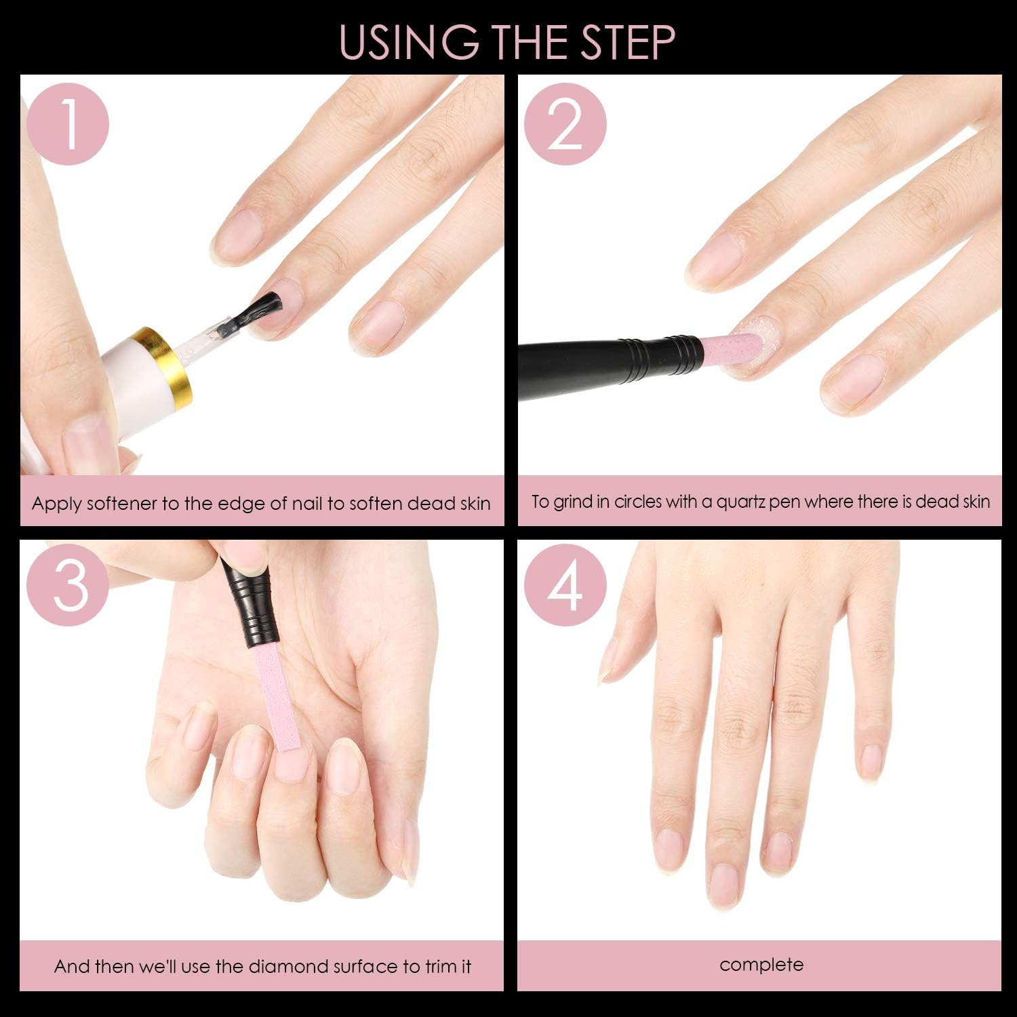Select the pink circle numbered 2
pyautogui.click(x=565, y=124)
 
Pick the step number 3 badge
pyautogui.click(x=68, y=585)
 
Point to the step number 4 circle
pyautogui.click(x=565, y=585)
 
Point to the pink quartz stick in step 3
pyautogui.click(x=277, y=698)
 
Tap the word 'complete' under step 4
pyautogui.click(x=761, y=964)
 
